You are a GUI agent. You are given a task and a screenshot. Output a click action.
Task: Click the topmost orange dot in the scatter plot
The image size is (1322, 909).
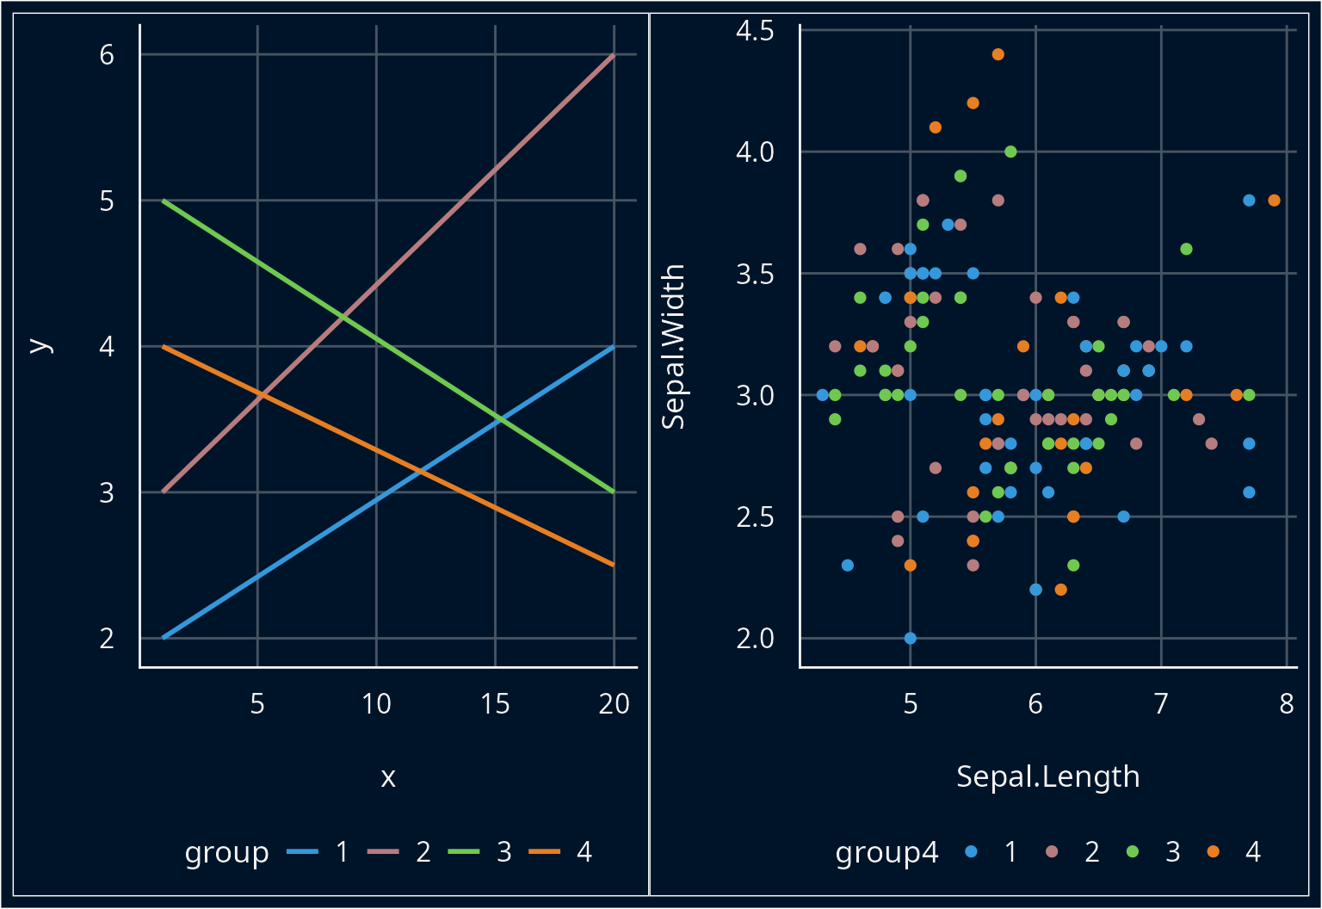(998, 54)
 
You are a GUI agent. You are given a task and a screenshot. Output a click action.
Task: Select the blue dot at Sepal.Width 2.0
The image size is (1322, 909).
(911, 638)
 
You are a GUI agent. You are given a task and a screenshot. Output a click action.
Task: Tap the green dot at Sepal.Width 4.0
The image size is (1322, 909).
(1011, 151)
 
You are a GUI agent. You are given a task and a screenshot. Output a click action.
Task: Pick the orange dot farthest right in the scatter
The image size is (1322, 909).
(1274, 201)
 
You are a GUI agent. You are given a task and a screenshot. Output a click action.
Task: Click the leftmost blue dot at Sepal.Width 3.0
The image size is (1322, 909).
(822, 395)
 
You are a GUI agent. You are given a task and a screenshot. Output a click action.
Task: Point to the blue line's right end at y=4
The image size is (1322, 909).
(613, 347)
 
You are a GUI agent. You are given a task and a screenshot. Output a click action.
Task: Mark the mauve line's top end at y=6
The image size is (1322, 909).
(613, 55)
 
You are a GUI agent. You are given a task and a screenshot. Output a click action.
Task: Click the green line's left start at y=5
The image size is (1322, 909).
(164, 201)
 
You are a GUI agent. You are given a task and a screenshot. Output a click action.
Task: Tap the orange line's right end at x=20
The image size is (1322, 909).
(613, 565)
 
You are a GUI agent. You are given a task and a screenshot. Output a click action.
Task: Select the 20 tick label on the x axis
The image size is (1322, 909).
(614, 704)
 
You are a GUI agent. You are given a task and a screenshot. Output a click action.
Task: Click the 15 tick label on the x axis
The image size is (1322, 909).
(495, 704)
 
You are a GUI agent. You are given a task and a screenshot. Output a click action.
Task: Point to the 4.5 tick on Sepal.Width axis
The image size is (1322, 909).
(755, 31)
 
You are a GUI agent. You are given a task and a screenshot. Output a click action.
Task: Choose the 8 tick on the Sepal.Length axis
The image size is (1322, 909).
(1286, 704)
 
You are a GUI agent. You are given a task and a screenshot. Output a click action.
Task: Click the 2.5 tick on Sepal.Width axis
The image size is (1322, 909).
(755, 517)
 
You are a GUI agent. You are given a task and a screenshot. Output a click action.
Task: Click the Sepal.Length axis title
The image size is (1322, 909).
(1047, 776)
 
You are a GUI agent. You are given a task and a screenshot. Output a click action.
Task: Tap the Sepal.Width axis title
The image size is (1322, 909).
(673, 346)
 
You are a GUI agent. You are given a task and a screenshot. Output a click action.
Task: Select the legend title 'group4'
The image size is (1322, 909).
(886, 852)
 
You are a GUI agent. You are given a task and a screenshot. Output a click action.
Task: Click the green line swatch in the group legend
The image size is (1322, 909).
(464, 852)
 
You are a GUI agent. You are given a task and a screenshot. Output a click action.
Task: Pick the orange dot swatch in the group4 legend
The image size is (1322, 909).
(1214, 852)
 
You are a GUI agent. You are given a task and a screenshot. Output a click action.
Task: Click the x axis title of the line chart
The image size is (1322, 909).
(388, 777)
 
